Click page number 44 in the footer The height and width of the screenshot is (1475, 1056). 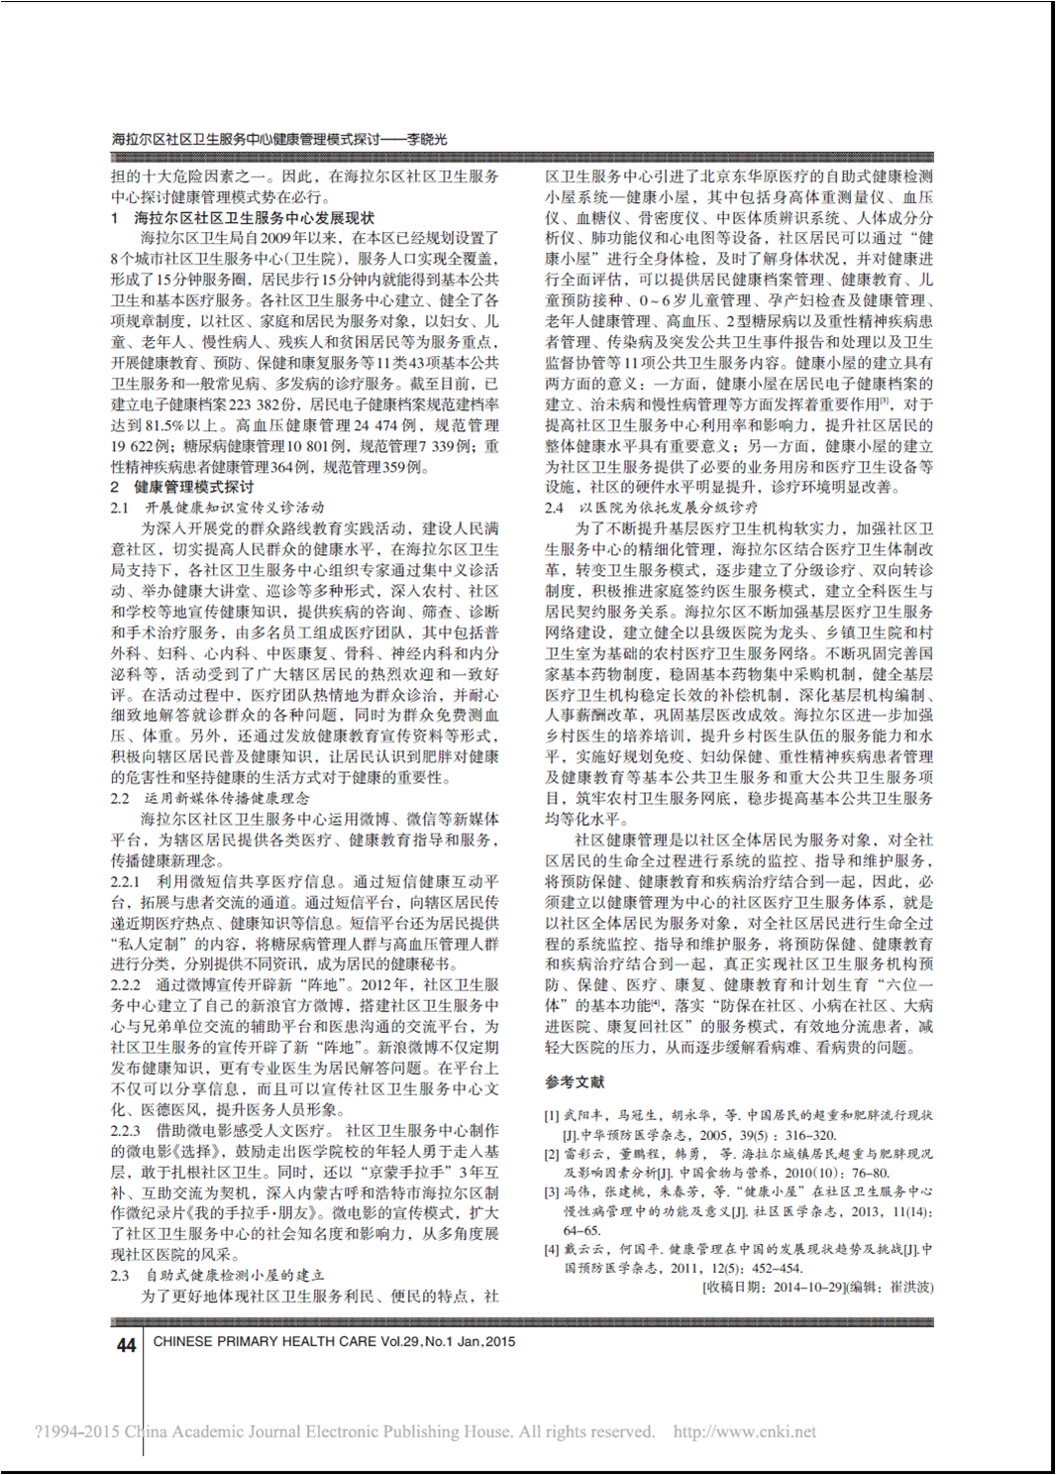126,1345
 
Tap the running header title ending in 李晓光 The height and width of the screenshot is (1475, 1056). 279,140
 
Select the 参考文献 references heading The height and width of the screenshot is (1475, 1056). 575,1082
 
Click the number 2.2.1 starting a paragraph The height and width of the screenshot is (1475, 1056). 126,881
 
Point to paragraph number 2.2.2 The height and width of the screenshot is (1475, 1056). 126,984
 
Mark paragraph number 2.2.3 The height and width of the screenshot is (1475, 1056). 126,1130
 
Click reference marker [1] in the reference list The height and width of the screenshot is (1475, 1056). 552,1115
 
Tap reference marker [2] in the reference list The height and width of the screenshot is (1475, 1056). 552,1154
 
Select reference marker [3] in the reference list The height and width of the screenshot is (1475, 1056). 552,1191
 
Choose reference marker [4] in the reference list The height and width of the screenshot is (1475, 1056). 552,1249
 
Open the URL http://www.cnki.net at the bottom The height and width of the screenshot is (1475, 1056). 745,1431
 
